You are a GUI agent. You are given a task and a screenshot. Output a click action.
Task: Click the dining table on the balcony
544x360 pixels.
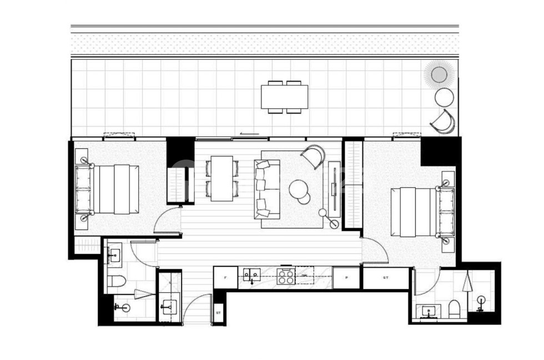coord(285,97)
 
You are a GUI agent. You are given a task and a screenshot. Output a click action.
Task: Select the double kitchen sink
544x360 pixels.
coord(252,274)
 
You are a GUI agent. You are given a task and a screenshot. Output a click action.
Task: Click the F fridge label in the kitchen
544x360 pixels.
coord(225,277)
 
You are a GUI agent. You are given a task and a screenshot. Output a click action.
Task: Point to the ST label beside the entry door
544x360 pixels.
coord(219,313)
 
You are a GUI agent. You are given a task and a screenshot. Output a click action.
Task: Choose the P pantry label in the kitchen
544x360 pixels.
coord(347,277)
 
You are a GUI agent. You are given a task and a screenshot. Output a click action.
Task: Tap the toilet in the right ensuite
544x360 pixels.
coord(454,309)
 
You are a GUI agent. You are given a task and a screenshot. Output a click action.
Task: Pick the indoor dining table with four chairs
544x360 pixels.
coord(221,178)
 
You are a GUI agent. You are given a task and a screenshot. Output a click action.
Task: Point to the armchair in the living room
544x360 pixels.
coord(314,156)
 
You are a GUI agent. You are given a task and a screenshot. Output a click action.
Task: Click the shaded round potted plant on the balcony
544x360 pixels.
coord(439,74)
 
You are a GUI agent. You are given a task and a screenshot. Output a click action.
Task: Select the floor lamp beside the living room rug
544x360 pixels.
coord(323,213)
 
